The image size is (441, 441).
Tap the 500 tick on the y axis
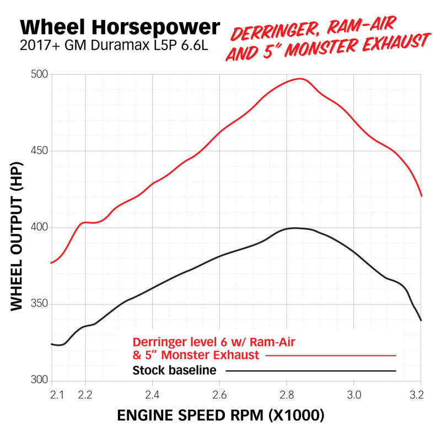coord(39,74)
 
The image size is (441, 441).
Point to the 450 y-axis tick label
coord(39,150)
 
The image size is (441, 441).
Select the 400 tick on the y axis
coord(39,227)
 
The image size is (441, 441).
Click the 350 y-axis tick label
coord(39,304)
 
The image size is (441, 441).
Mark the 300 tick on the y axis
coord(39,380)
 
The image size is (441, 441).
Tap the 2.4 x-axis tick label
coord(153,395)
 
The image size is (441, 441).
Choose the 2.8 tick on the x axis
coord(287,395)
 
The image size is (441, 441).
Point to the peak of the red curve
coord(299,78)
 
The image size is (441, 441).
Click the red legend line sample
coord(331,356)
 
